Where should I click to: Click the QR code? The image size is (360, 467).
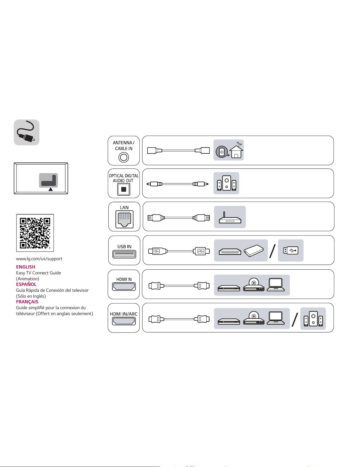pos(35,233)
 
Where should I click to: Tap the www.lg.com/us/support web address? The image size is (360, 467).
pos(39,259)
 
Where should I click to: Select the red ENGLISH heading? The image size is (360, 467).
pos(25,267)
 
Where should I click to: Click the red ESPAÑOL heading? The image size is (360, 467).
pos(26,284)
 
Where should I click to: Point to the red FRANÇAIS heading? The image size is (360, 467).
pos(27,302)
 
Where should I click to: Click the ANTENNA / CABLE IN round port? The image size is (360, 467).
pos(124,158)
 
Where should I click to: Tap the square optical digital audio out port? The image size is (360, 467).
pos(124,189)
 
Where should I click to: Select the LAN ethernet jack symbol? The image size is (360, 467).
pos(124,219)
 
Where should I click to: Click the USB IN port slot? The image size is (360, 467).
pos(124,254)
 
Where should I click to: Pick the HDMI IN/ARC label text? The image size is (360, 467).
pos(124,314)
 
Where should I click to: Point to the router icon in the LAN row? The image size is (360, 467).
pos(230,218)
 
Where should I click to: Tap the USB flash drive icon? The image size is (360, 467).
pos(291,250)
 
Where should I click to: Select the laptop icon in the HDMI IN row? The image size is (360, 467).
pos(276,284)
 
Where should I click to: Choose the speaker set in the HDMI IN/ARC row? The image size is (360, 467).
pos(313,319)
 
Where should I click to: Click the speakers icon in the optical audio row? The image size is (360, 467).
pos(226,183)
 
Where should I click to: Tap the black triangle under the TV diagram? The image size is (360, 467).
pos(50,189)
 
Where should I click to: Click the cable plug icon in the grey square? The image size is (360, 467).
pos(27,132)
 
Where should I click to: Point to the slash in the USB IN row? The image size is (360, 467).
pos(273,251)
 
